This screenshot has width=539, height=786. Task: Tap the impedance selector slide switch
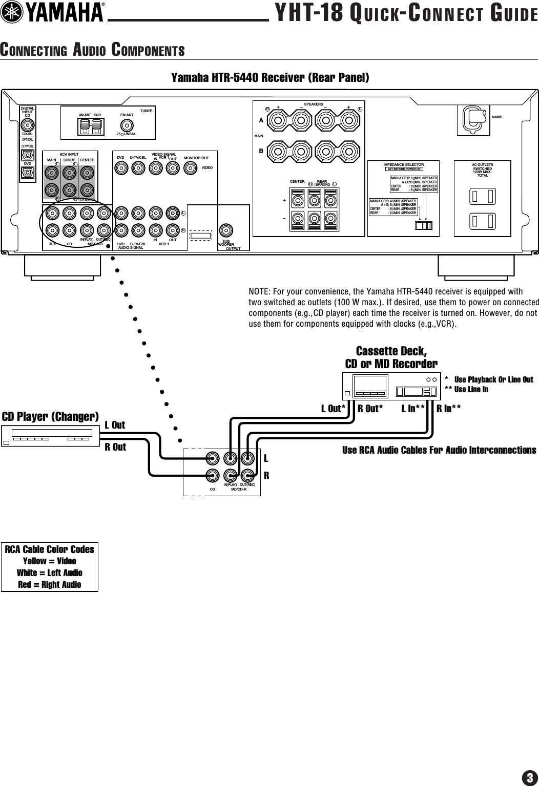pyautogui.click(x=424, y=226)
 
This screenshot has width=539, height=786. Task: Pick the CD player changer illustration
pyautogui.click(x=50, y=436)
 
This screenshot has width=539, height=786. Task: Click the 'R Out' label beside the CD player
pyautogui.click(x=115, y=447)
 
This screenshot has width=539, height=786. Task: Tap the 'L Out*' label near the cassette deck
pyautogui.click(x=334, y=408)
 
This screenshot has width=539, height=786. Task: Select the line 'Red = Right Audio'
pyautogui.click(x=50, y=584)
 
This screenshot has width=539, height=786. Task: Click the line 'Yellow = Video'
pyautogui.click(x=50, y=561)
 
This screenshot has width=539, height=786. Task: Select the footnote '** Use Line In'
pyautogui.click(x=467, y=390)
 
